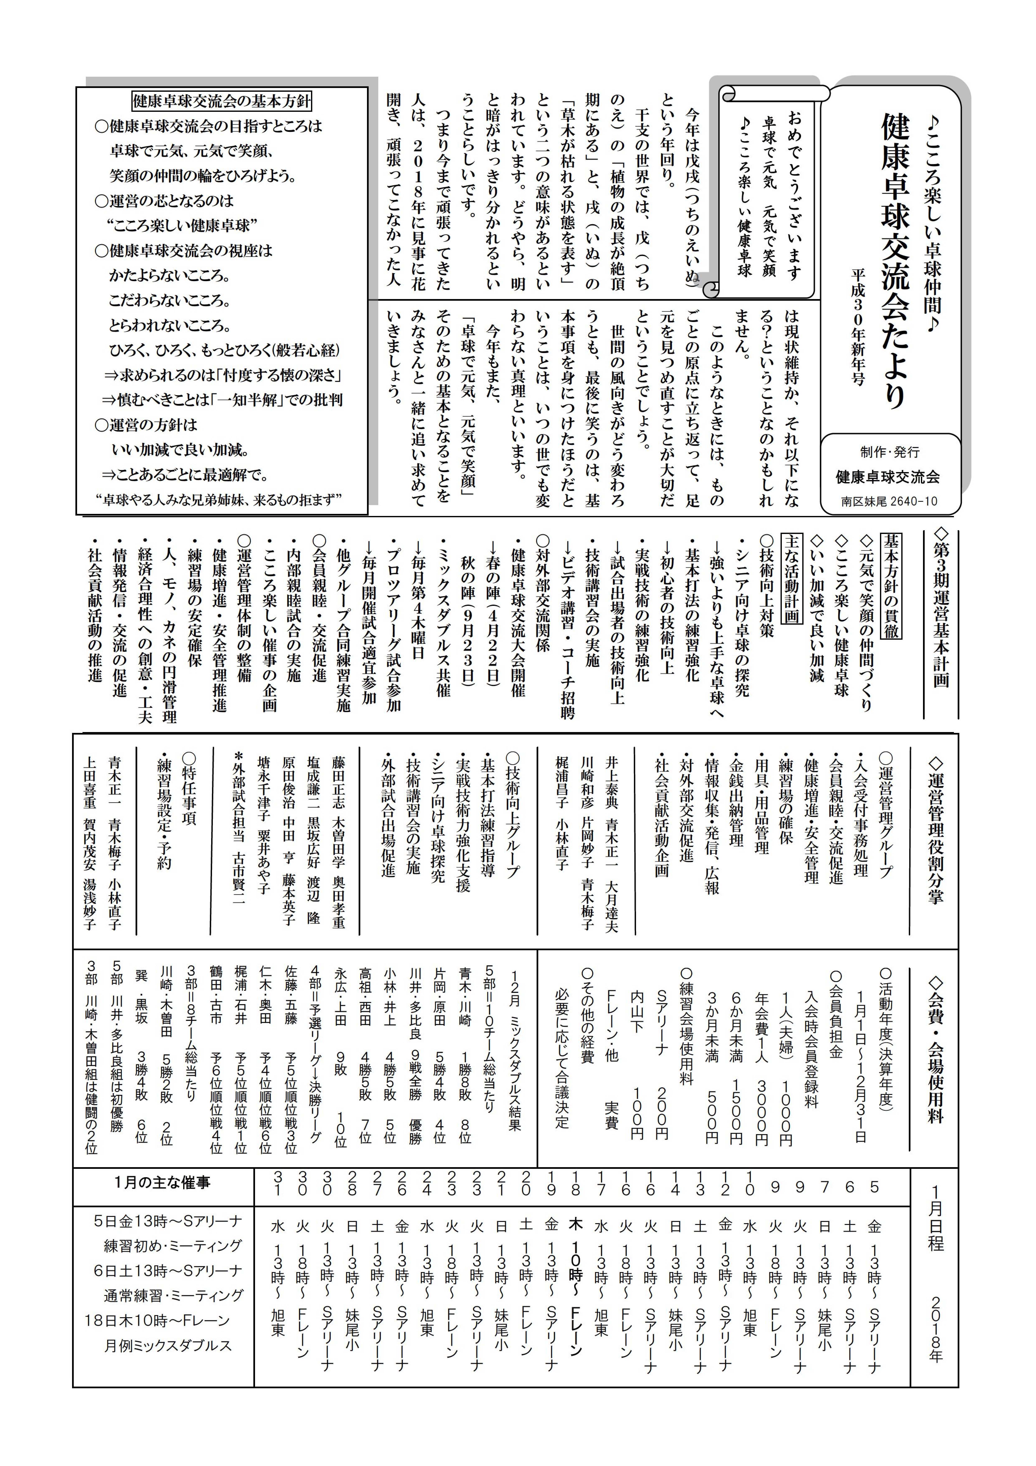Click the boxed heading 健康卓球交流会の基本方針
point(221,101)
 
